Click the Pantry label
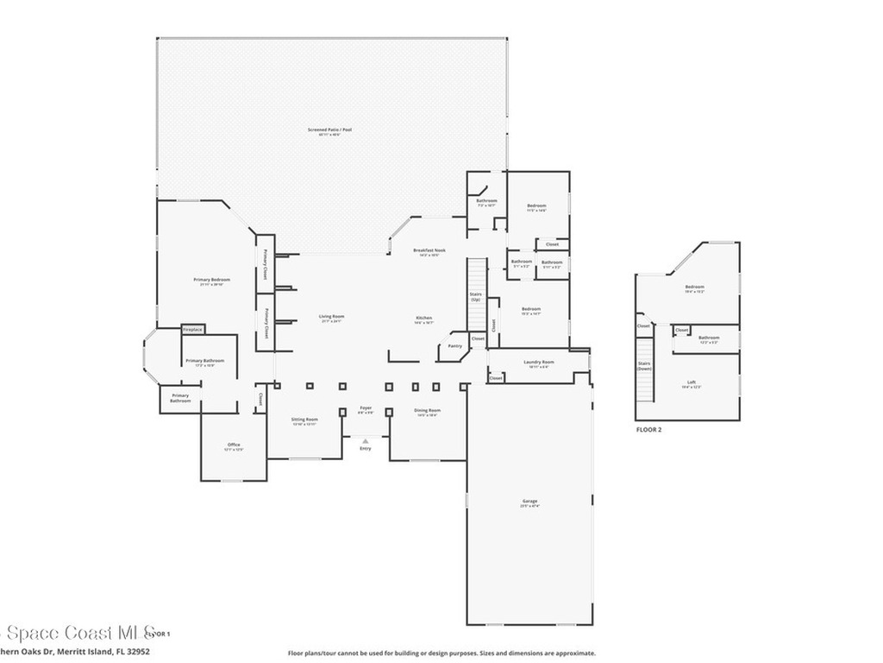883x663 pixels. [454, 345]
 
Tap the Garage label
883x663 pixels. [529, 502]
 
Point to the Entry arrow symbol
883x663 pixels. [366, 441]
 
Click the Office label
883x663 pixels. [234, 446]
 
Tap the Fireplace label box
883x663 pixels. [192, 330]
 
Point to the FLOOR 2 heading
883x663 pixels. [648, 429]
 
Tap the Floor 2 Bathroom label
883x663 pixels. [709, 339]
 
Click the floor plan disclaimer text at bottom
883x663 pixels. [441, 654]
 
